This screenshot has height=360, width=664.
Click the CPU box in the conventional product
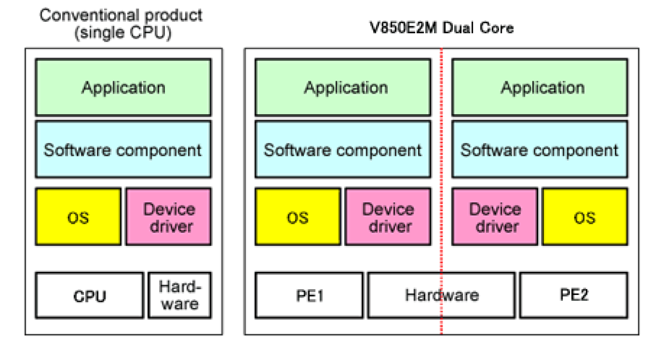point(89,295)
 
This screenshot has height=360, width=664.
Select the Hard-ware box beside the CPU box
point(179,295)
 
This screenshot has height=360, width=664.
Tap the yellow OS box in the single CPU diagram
point(78,217)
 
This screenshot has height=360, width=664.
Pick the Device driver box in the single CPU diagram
point(169,217)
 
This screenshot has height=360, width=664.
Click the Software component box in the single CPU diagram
point(123,150)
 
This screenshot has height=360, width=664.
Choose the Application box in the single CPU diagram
point(123,87)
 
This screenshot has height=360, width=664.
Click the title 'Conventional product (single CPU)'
point(121,23)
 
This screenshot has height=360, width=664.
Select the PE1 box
point(309,295)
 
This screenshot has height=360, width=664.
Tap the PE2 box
point(574,295)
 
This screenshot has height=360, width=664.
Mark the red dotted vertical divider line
point(441,254)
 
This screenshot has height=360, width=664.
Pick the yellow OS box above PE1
point(298,217)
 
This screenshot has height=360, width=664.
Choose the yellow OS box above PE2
point(585,217)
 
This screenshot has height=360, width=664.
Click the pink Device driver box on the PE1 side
point(388,217)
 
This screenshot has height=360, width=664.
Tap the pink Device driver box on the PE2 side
point(495,217)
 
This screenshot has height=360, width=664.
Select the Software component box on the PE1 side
point(343,150)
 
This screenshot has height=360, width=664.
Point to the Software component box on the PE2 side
point(540,150)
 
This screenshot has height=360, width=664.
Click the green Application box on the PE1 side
point(343,87)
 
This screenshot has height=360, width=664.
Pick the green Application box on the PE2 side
point(540,87)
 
